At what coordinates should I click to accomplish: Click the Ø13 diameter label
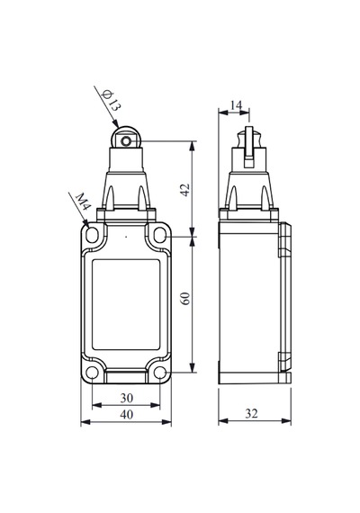[x=112, y=101]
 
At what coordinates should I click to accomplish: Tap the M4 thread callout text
[x=83, y=202]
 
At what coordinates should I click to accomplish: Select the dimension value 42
[x=185, y=190]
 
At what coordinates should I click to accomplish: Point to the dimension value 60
[x=185, y=299]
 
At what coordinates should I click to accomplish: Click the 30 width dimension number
[x=127, y=398]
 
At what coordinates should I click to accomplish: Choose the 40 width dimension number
[x=127, y=415]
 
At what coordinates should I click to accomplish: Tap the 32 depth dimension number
[x=251, y=413]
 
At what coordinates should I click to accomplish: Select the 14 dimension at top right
[x=236, y=105]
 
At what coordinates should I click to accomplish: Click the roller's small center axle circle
[x=126, y=141]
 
